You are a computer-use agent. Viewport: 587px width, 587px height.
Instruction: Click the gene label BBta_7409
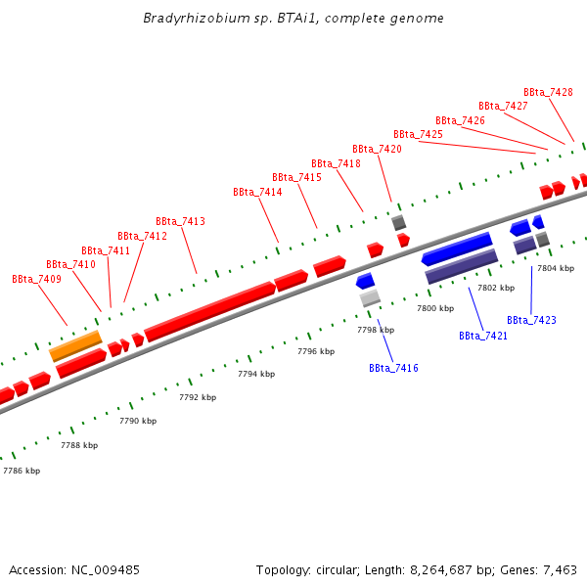point(36,279)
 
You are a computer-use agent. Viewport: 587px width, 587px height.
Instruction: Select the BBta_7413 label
point(180,221)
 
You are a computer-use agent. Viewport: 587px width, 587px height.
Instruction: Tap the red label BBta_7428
point(548,92)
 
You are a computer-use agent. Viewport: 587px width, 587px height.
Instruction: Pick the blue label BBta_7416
point(393,368)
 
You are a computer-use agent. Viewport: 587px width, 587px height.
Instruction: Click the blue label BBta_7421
point(483,336)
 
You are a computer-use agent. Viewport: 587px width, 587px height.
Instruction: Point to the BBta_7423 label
point(531,320)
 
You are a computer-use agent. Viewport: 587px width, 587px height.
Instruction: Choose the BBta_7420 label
point(377,149)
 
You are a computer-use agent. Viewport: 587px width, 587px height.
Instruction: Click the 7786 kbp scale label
point(21,471)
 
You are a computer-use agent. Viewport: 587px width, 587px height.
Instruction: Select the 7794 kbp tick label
point(256,374)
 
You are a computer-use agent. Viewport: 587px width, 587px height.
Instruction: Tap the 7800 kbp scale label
point(435,308)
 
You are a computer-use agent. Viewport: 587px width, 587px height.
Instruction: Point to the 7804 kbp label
point(555,267)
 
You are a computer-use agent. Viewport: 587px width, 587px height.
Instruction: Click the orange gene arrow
point(75,344)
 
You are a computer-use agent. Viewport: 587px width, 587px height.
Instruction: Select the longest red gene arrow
point(209,311)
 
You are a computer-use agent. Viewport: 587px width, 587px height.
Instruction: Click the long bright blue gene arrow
point(457,248)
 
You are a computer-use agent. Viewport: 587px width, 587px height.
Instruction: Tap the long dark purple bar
point(462,265)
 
